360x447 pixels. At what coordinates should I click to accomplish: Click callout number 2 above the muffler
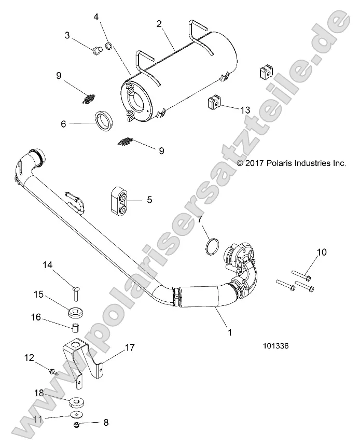(x=159, y=23)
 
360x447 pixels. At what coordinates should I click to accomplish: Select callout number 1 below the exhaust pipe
(x=227, y=329)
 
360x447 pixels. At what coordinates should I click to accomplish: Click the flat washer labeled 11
(x=77, y=415)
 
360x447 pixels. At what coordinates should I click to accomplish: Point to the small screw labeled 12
(x=53, y=371)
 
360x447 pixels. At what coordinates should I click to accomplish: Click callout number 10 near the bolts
(x=322, y=253)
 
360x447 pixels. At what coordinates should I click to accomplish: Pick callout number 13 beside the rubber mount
(x=244, y=109)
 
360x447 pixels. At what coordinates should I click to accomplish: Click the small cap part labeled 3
(x=95, y=50)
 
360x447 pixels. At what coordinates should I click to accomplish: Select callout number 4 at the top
(x=96, y=17)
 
